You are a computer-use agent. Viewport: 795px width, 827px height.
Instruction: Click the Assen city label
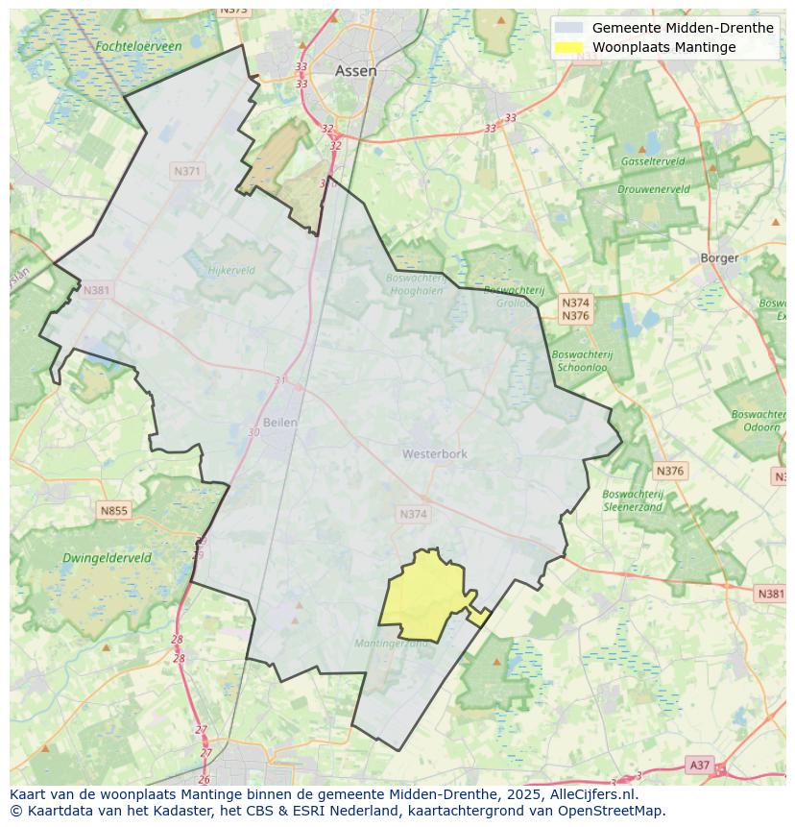355,71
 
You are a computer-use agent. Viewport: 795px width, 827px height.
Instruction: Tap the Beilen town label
279,422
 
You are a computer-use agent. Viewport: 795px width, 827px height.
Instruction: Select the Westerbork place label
434,453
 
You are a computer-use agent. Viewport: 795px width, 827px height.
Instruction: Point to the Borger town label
719,257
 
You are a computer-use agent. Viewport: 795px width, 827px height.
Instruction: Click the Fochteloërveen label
138,46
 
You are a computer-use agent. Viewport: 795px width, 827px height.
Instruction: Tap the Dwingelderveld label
107,558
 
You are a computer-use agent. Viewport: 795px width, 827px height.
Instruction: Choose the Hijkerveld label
231,271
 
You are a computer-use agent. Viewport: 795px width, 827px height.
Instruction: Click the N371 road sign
187,171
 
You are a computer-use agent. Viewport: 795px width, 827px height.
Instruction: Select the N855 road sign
113,511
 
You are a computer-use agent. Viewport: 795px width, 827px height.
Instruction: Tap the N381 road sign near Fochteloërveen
96,290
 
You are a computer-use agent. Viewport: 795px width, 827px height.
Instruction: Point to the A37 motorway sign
699,766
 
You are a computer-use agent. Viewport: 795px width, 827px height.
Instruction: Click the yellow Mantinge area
427,596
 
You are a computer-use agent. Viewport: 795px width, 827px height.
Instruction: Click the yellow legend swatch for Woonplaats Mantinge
569,47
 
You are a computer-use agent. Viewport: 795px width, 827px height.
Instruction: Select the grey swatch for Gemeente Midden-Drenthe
569,28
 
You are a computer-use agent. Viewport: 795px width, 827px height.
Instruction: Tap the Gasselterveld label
653,161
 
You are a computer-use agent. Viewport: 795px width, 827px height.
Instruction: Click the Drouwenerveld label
654,190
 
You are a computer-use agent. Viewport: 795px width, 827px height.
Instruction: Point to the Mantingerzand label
392,644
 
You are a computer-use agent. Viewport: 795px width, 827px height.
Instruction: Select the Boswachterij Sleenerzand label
633,499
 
